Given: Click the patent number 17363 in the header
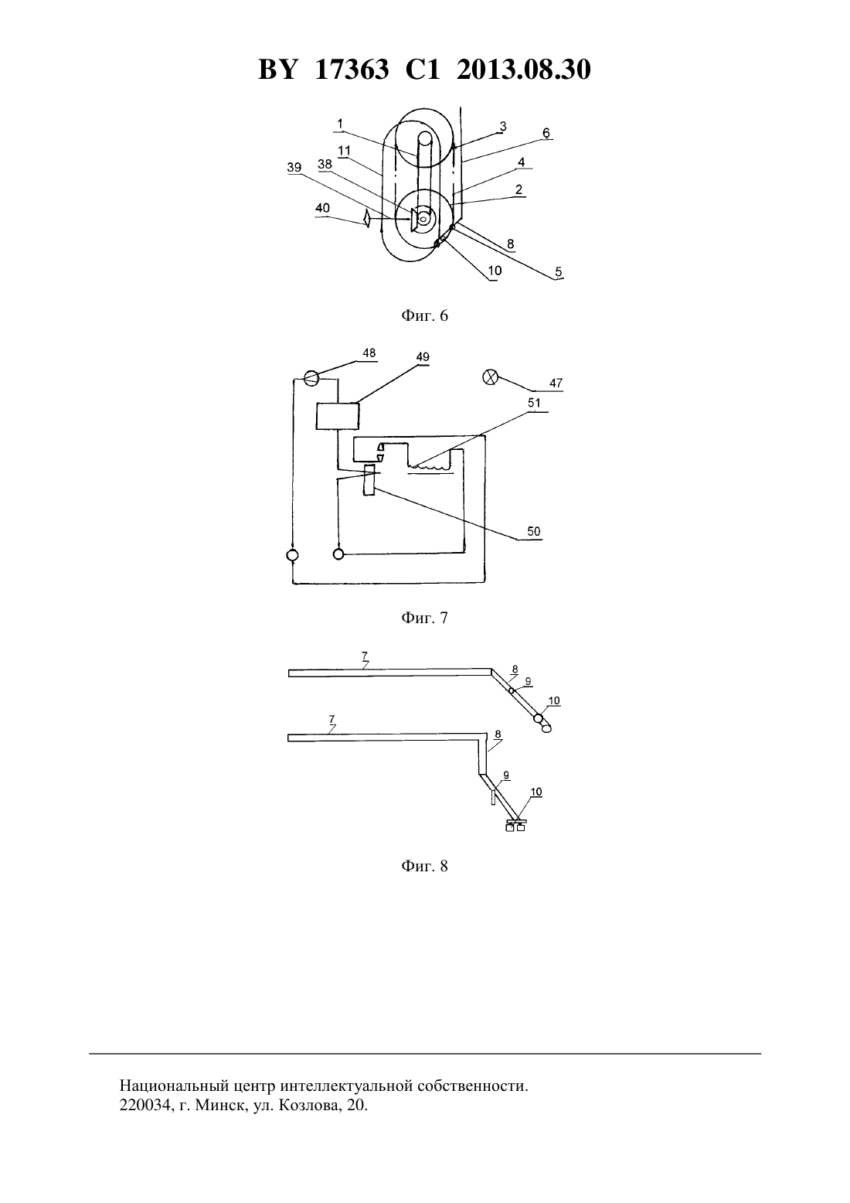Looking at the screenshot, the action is click(x=352, y=70).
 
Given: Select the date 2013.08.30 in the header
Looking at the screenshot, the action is click(x=524, y=70).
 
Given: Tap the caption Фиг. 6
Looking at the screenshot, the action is click(x=424, y=315).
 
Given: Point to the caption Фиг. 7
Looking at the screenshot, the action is click(x=424, y=618).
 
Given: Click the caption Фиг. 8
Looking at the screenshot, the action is click(x=424, y=866).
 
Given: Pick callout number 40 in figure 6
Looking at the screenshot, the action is click(x=322, y=208).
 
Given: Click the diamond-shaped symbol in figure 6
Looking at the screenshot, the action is click(x=367, y=219).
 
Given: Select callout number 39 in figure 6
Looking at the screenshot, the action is click(x=294, y=167).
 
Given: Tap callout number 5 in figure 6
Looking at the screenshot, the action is click(x=559, y=271).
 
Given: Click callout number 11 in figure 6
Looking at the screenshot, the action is click(x=344, y=150).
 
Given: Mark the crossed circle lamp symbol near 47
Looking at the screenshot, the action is click(x=490, y=377).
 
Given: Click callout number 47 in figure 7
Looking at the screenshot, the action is click(x=556, y=383).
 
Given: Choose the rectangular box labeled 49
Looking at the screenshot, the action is click(x=338, y=416).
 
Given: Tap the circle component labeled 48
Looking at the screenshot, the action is click(x=311, y=378).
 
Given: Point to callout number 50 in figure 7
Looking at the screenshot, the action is click(x=533, y=531).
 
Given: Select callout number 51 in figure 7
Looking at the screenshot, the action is click(x=534, y=403).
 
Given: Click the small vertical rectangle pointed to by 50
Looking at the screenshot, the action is click(x=369, y=479).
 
